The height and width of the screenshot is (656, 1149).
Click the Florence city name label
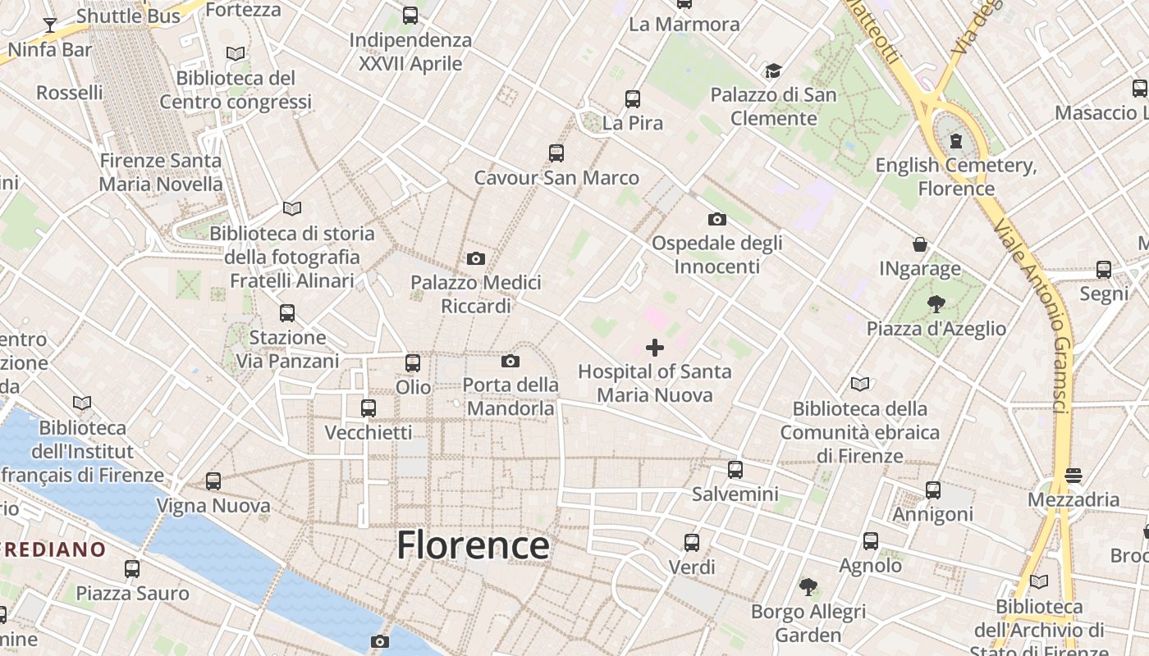click(x=473, y=545)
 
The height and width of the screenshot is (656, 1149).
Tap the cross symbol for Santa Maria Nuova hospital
click(x=655, y=348)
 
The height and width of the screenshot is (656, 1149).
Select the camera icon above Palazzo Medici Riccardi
click(x=475, y=259)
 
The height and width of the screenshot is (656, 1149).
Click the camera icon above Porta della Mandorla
click(x=510, y=362)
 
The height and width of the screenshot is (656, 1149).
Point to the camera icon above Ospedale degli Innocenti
click(x=716, y=220)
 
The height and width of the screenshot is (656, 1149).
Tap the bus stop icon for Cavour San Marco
click(x=556, y=153)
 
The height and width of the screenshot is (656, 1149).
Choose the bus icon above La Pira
click(x=632, y=99)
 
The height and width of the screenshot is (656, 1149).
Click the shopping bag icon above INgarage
click(x=920, y=244)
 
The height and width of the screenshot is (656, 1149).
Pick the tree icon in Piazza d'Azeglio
click(x=936, y=305)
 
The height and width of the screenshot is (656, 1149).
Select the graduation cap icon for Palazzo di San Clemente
click(x=773, y=71)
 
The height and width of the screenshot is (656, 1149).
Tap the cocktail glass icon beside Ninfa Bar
click(x=50, y=25)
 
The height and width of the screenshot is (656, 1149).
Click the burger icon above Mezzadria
click(x=1073, y=476)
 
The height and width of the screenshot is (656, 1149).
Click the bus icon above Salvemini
click(x=735, y=470)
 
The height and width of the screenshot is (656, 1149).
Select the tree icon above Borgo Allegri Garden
click(x=808, y=587)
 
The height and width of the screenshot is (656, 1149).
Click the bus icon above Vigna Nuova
click(x=213, y=482)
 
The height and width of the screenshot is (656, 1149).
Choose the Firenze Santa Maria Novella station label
click(x=161, y=172)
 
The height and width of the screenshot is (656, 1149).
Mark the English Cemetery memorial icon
click(x=955, y=141)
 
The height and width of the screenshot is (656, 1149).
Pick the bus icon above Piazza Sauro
click(x=132, y=569)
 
